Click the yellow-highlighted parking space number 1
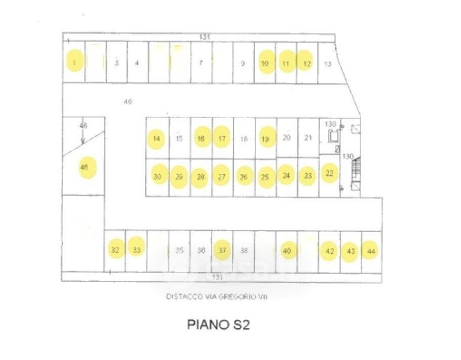point(74,62)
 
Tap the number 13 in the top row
point(327,64)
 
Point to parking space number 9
point(243,63)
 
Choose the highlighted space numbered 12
point(306,62)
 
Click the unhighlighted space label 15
point(179,139)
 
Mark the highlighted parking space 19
point(265,138)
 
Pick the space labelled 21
point(308,137)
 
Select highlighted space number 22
point(329,173)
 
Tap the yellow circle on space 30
point(158,176)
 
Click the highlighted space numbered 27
point(221,176)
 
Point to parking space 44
point(372,251)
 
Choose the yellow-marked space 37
point(222,250)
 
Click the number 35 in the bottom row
point(179,250)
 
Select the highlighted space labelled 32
point(115,250)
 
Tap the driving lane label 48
point(128,102)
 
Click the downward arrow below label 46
point(83,137)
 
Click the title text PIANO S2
point(218,326)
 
